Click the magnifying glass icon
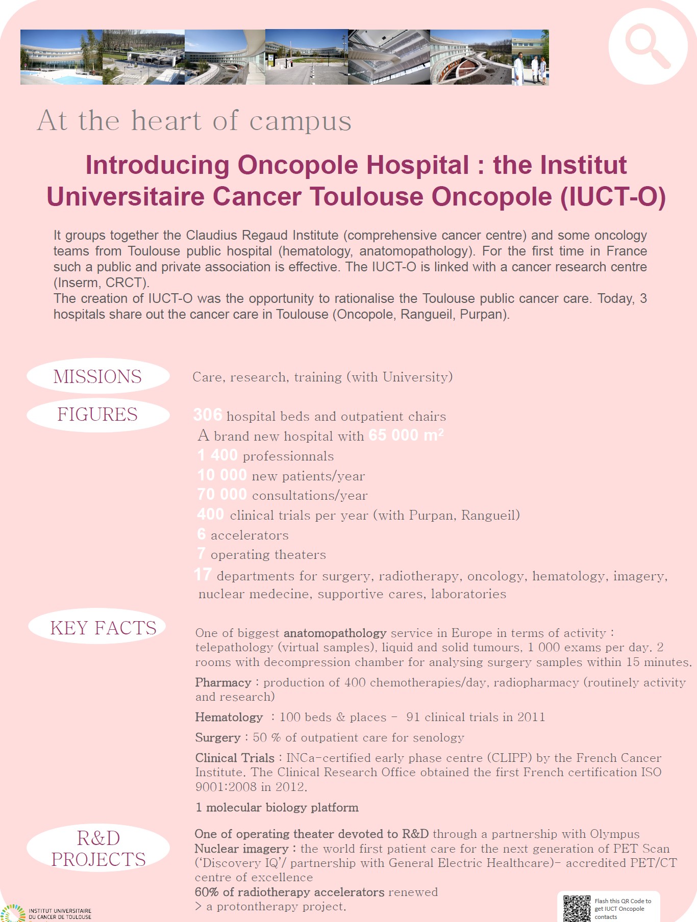[648, 46]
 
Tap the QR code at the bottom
[577, 908]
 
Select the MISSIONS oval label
[97, 376]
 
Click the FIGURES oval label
[97, 415]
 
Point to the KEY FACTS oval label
[103, 628]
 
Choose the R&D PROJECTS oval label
[98, 849]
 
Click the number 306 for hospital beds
[208, 415]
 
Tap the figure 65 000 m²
[406, 435]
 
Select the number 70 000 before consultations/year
[222, 495]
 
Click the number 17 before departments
[203, 575]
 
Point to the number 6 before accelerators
[202, 534]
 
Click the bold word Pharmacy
[223, 683]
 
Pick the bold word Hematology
[229, 718]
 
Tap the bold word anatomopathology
[335, 633]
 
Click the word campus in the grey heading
[300, 121]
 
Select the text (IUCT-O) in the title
[613, 197]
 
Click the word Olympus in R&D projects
[614, 834]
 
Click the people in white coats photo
[530, 57]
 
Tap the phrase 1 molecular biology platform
[277, 808]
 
